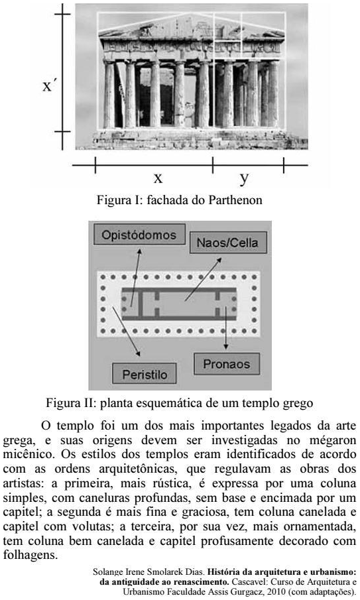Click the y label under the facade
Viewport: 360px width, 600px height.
[x=244, y=178]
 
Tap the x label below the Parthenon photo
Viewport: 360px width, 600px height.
[x=158, y=178]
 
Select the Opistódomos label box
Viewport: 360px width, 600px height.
[x=139, y=235]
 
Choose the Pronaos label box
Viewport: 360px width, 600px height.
[x=227, y=364]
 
